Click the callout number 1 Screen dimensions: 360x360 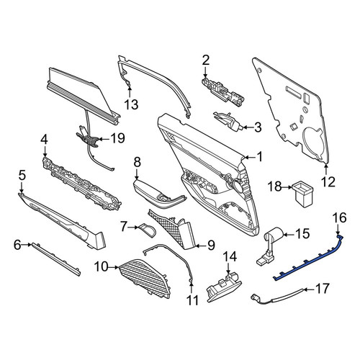pos(259,157)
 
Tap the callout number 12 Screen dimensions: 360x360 pos(328,181)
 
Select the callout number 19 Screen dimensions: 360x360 pos(117,138)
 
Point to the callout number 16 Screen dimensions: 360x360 pos(340,218)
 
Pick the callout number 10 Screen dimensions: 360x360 pos(102,266)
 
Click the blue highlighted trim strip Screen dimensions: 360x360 pos(308,259)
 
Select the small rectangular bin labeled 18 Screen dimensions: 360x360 pos(302,194)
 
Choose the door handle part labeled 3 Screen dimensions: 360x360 pos(228,120)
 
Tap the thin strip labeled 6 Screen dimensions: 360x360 pos(55,259)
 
